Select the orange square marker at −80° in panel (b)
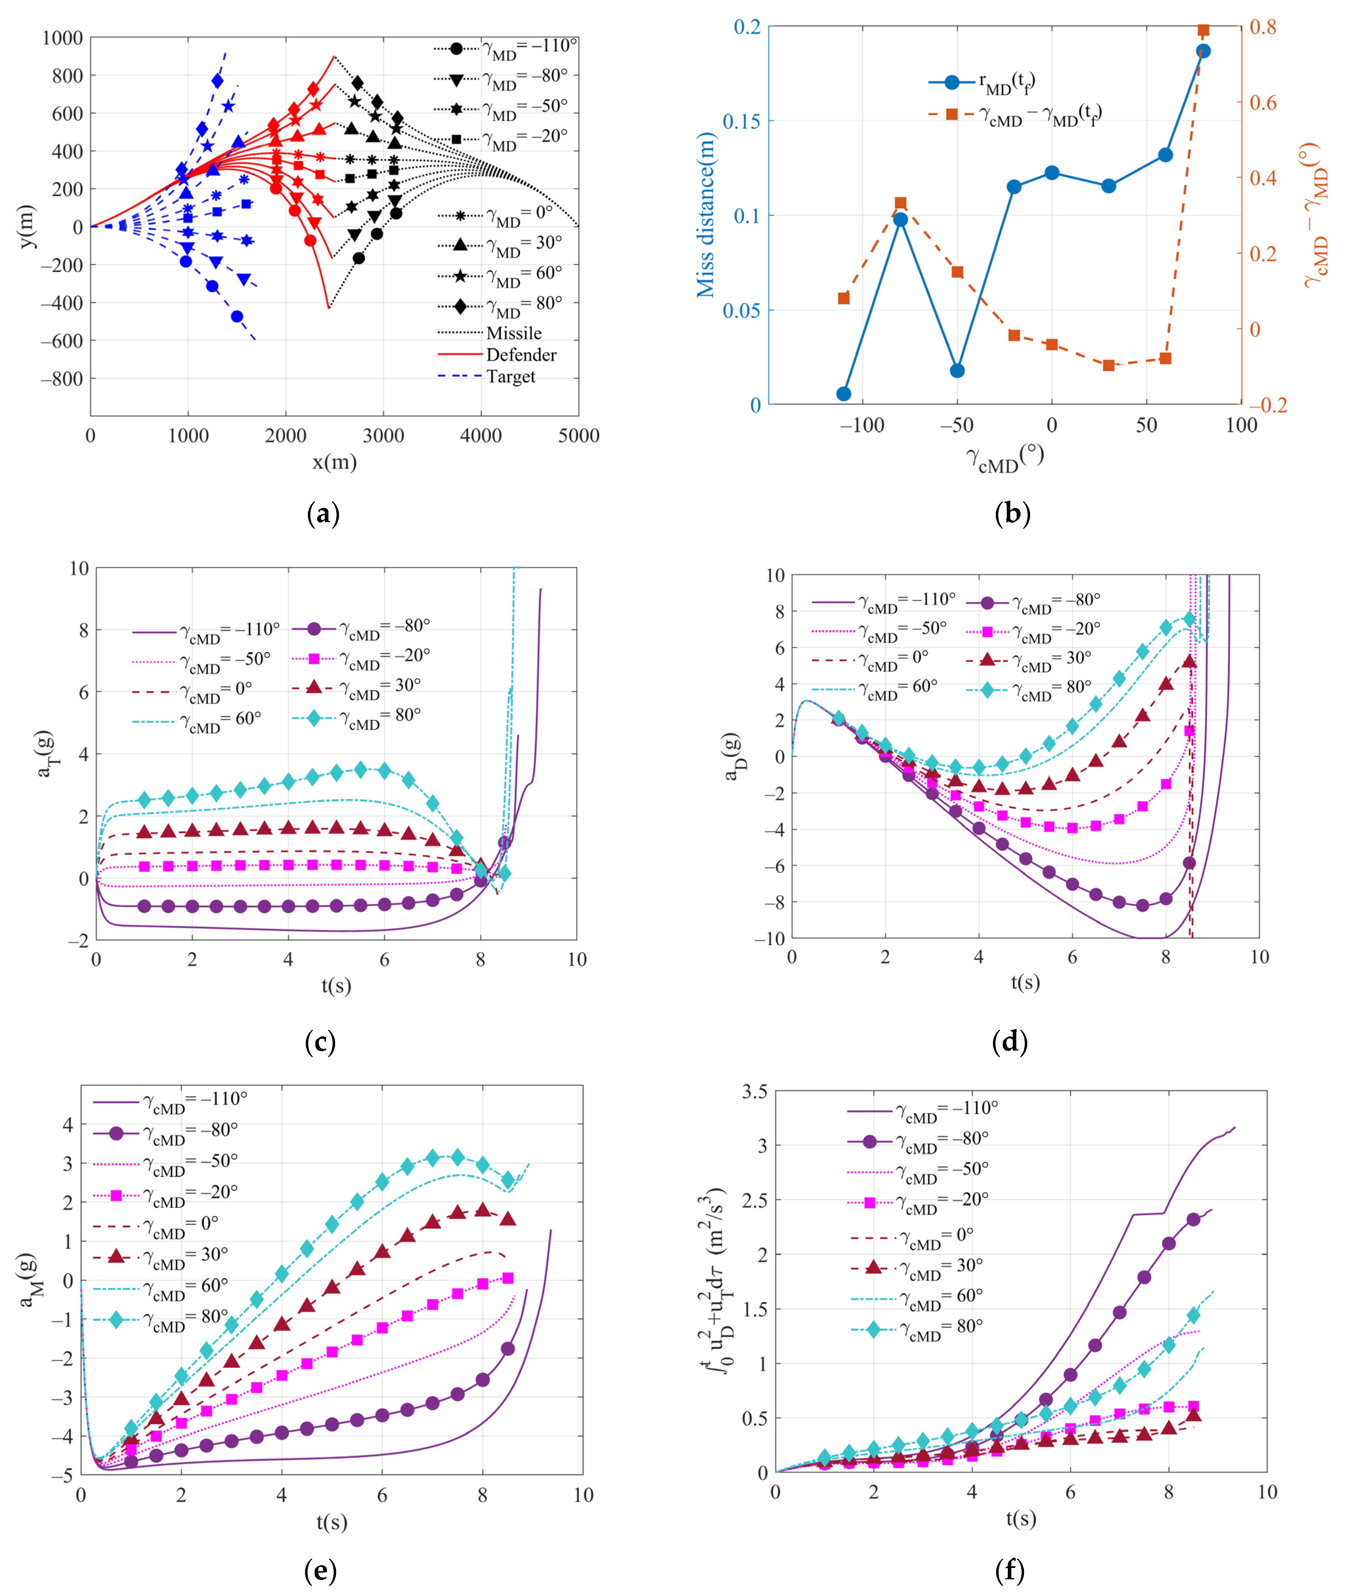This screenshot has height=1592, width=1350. [901, 204]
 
